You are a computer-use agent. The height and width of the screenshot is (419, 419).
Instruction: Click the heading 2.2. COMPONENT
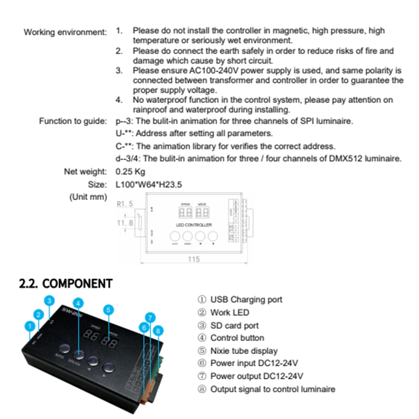66,283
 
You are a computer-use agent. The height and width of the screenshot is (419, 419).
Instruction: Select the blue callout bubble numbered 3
50,301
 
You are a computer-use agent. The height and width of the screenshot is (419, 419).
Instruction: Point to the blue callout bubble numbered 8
157,330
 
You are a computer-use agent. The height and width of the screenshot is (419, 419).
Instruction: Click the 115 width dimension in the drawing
193,259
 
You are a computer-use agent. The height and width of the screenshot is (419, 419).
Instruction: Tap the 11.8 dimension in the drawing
125,223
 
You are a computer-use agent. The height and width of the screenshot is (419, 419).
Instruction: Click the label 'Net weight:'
85,172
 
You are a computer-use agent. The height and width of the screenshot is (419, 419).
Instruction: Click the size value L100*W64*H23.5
149,184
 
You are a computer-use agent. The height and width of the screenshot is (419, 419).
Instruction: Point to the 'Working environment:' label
65,32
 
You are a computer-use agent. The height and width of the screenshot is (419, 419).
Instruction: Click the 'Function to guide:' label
73,121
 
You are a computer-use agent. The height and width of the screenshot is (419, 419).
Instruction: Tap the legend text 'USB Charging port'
246,300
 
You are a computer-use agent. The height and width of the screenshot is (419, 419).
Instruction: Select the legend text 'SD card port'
234,325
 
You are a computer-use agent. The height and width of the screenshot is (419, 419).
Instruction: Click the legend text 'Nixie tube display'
244,351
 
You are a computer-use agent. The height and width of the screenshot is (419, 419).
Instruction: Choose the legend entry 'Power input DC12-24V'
254,363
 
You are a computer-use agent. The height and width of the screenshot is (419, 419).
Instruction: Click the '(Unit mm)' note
88,197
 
